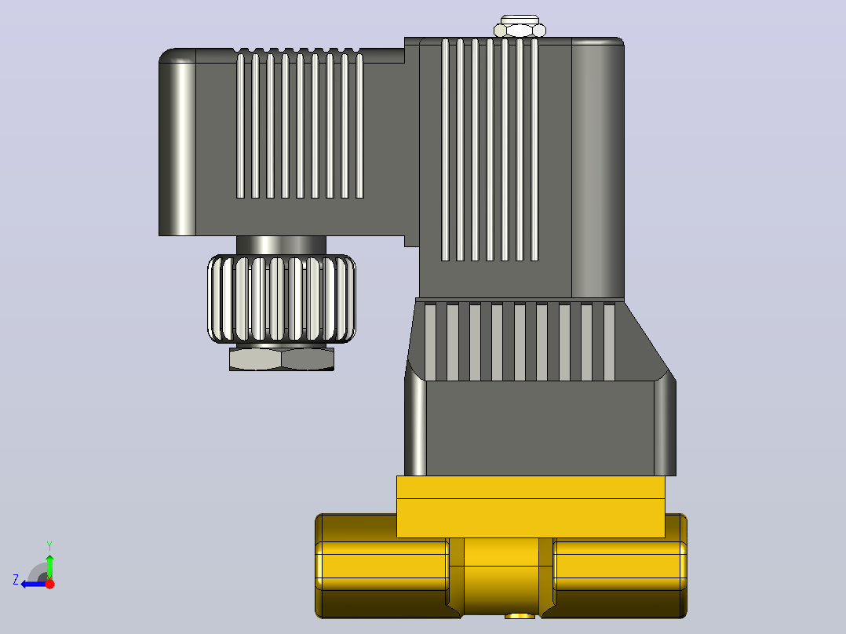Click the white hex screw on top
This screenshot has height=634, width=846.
(520, 27)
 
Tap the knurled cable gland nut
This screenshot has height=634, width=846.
(282, 299)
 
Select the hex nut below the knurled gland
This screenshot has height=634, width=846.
(282, 359)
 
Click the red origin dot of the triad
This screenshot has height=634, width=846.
(49, 584)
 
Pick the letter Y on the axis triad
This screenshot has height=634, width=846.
(49, 546)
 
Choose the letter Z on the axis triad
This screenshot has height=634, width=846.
(16, 580)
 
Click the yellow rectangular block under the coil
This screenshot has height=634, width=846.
(531, 507)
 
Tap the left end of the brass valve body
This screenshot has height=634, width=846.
(382, 566)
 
